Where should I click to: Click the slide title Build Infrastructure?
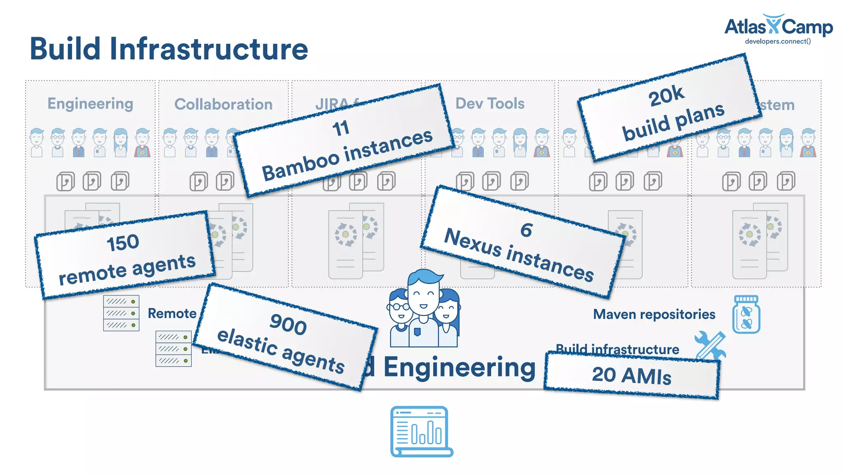coord(169,49)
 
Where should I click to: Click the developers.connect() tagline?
coord(778,41)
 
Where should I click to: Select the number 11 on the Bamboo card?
coord(341,128)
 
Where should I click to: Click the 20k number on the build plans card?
coord(666,96)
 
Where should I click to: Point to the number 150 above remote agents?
coord(123,242)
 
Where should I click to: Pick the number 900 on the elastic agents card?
coord(288,324)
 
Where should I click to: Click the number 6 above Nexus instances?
coord(526,230)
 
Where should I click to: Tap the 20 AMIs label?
coord(631,376)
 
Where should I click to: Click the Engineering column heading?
coord(90,103)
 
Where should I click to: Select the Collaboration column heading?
coord(223,104)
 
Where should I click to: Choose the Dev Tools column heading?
coord(490,103)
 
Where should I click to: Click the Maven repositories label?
coord(654,314)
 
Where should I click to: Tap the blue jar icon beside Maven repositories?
coord(746,315)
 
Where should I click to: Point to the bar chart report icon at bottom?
coord(421,431)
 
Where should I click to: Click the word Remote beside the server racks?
coord(172,313)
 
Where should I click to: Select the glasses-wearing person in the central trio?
coord(399,317)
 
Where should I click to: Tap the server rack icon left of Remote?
coord(121,313)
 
